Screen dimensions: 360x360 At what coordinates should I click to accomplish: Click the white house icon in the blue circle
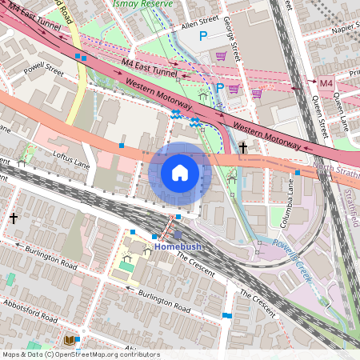click(x=180, y=172)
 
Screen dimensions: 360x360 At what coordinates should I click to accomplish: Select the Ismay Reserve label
click(x=156, y=3)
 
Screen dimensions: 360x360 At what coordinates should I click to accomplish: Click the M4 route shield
click(x=326, y=83)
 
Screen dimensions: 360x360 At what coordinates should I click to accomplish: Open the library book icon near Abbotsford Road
click(x=80, y=340)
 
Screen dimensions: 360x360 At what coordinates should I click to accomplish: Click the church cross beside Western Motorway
click(x=243, y=147)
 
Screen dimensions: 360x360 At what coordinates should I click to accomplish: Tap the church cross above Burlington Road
click(x=13, y=218)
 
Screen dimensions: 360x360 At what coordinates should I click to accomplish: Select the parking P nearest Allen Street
click(x=202, y=36)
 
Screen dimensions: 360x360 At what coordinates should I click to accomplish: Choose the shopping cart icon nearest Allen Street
click(x=221, y=56)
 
